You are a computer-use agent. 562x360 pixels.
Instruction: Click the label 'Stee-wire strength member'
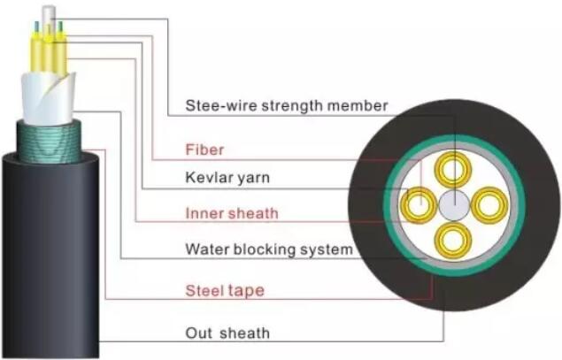(x=286, y=106)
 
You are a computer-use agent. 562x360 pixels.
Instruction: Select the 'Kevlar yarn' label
(x=227, y=178)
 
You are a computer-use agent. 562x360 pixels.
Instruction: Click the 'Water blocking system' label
(x=268, y=249)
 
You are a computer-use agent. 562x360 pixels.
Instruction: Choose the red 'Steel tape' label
(x=224, y=288)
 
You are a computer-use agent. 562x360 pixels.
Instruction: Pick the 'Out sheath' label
(x=227, y=333)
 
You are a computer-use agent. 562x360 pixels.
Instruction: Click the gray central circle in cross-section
(x=453, y=205)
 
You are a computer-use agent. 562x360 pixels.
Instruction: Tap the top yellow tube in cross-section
(x=455, y=170)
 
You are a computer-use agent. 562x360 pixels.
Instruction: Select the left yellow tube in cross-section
(x=417, y=205)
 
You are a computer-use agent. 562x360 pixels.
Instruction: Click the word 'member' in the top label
(x=358, y=106)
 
